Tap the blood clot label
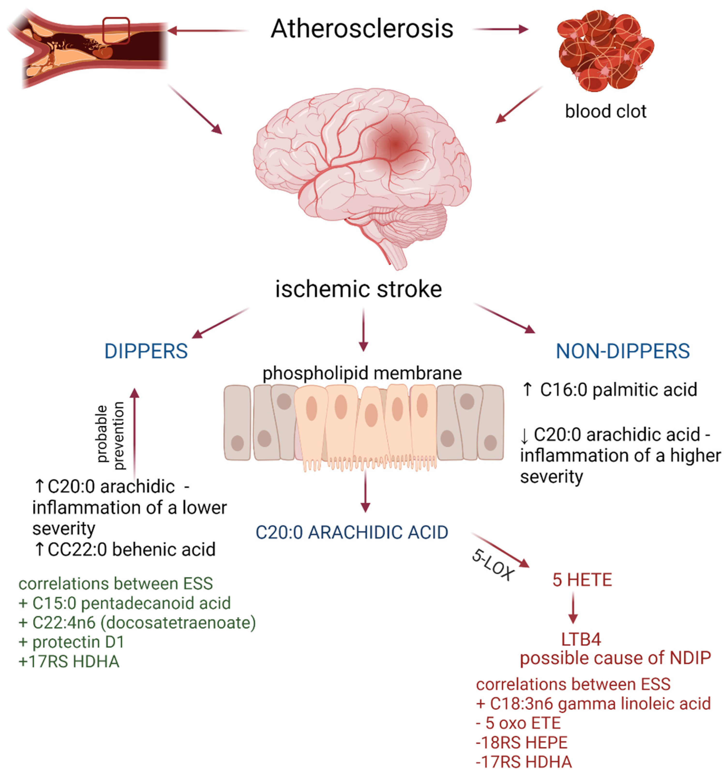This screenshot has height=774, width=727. pos(606,111)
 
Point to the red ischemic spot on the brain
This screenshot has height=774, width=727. pos(396,145)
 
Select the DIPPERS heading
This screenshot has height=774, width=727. pos(146,351)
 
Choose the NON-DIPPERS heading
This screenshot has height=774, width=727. pos(622,351)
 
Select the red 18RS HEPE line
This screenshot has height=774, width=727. pos(522,743)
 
